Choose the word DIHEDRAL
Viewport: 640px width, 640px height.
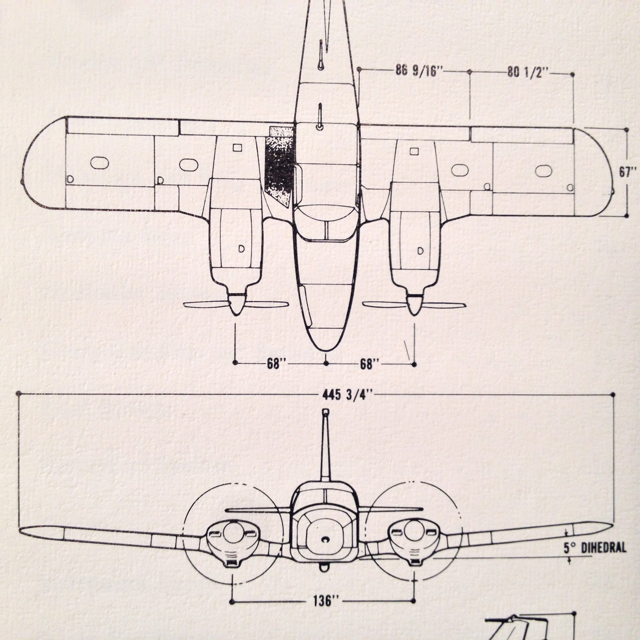point(604,547)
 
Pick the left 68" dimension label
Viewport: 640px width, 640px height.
point(277,364)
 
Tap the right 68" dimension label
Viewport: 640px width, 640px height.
point(370,364)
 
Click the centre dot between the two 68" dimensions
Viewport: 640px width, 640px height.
point(326,363)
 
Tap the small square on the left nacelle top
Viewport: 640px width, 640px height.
point(237,147)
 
